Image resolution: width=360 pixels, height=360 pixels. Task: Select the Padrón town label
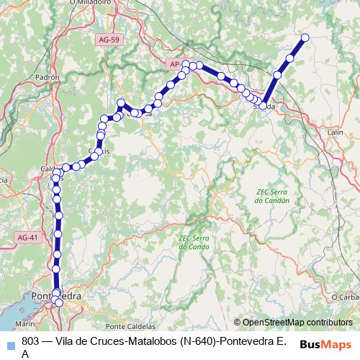click(x=46, y=76)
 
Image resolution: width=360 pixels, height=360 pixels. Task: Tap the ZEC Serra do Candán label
click(x=272, y=196)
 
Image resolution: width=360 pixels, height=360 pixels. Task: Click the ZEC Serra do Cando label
click(x=193, y=242)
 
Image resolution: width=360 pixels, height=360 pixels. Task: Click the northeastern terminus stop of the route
click(x=305, y=37)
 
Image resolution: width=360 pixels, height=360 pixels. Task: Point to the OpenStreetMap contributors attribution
click(x=297, y=323)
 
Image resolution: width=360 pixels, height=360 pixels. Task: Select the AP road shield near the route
click(x=176, y=64)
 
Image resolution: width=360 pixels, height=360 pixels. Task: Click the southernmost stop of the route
click(x=59, y=304)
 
